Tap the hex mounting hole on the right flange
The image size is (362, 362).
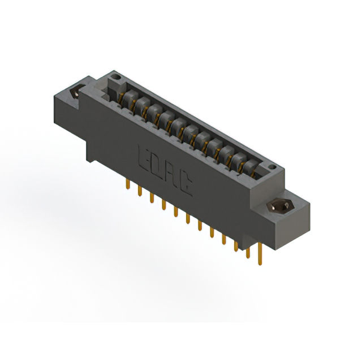(279, 206)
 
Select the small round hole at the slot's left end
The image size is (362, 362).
(117, 75)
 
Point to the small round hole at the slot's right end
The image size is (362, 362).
(272, 168)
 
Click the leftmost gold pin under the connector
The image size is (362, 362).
(128, 186)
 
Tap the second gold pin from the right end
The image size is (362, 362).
(247, 250)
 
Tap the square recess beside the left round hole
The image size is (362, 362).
(111, 87)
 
